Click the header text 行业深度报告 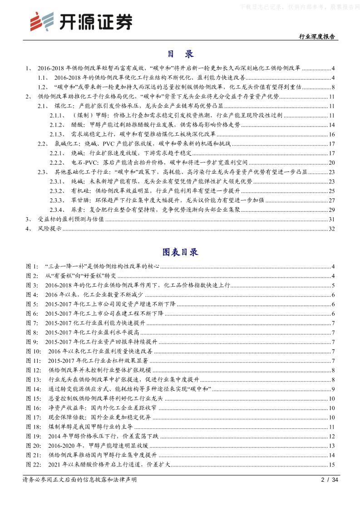click(317, 37)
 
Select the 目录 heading click(180, 54)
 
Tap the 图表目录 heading click(180, 252)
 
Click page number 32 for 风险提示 click(331, 228)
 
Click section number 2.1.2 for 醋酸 click(57, 125)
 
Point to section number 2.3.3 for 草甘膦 click(57, 200)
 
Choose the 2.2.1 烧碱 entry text click(131, 153)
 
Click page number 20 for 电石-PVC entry click(331, 162)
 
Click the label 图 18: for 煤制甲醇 click(34, 427)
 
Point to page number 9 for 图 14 click(333, 389)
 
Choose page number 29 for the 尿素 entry click(331, 210)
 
